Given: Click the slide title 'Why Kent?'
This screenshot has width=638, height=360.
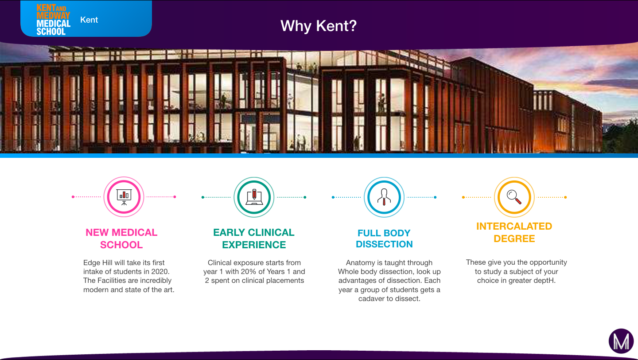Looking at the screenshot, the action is tap(319, 26).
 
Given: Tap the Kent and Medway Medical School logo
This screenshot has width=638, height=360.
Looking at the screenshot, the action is tap(53, 20).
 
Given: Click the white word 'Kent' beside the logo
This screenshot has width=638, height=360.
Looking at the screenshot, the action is tap(89, 20).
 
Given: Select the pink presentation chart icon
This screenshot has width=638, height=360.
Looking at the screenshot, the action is tap(124, 197).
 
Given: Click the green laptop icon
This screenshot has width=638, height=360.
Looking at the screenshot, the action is tap(254, 197).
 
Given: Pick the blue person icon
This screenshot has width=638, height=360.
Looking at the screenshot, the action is tap(384, 197).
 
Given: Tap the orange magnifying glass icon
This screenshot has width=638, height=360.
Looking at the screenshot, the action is tap(514, 197).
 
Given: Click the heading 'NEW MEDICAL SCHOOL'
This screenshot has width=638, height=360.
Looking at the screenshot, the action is tap(121, 239).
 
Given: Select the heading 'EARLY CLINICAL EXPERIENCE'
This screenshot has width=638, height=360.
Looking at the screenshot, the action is tap(254, 239).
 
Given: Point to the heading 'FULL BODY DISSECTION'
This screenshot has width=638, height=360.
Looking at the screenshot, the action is tap(384, 239).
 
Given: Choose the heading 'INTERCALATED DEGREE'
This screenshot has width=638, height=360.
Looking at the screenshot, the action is tap(514, 232).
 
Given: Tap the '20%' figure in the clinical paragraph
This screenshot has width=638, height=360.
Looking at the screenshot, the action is tap(249, 271).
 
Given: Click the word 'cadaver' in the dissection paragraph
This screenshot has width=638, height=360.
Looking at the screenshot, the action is tap(370, 298).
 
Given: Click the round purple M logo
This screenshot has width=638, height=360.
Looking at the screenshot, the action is tap(621, 341).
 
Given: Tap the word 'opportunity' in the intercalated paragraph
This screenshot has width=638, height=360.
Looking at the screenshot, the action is tap(548, 262).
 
